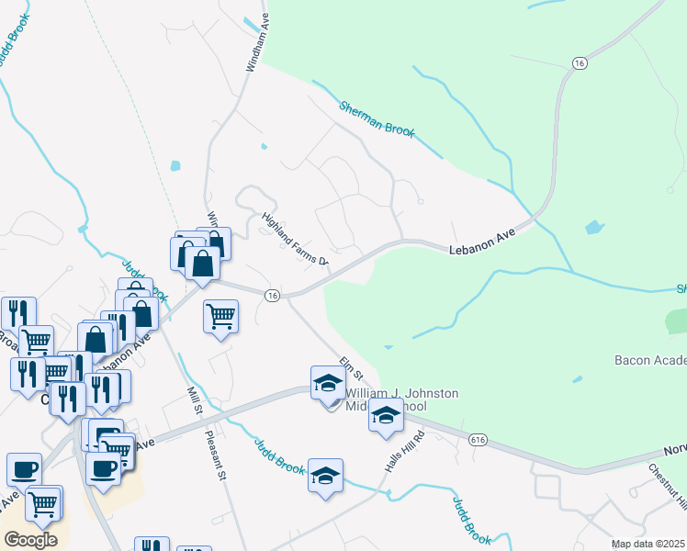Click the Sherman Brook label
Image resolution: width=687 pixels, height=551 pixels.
click(x=377, y=119)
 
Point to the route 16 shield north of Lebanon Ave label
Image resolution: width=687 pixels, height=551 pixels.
click(x=578, y=62)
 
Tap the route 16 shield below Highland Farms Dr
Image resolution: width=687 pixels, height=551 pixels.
click(x=272, y=295)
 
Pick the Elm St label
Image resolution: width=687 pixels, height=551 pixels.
click(x=353, y=371)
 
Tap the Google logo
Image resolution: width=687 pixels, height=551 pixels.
click(x=30, y=540)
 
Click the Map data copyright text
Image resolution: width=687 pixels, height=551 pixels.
click(x=647, y=544)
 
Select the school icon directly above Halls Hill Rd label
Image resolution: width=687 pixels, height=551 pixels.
click(x=387, y=416)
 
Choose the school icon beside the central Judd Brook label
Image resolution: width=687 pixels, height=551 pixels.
click(x=325, y=476)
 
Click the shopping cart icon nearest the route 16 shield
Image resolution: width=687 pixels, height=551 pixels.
click(x=220, y=317)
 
